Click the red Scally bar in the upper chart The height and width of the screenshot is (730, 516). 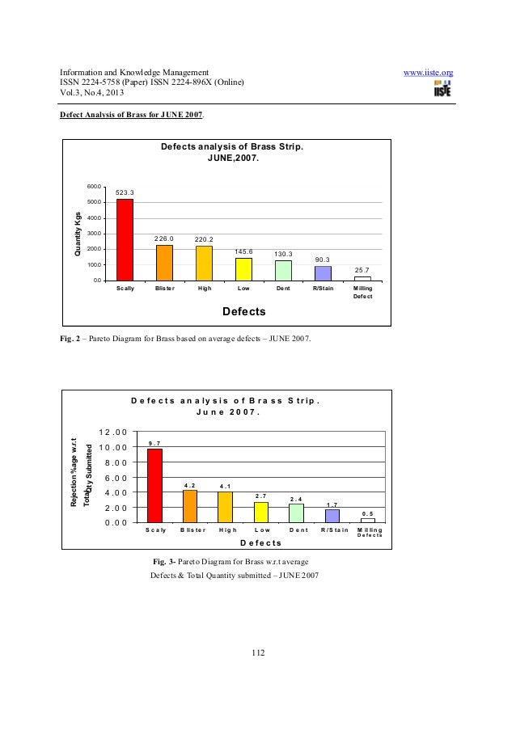(x=125, y=239)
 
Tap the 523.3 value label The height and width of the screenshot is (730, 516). (x=125, y=192)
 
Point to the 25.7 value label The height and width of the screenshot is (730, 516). (x=362, y=270)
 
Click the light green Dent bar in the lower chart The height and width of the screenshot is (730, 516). (x=296, y=513)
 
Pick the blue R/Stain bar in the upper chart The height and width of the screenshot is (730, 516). (x=323, y=273)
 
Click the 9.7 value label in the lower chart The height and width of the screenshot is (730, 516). (x=154, y=442)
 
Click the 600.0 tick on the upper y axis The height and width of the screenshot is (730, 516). (x=95, y=187)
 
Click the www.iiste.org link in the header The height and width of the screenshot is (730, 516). (x=428, y=74)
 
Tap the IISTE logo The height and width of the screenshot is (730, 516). (x=442, y=91)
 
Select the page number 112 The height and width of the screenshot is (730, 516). (x=259, y=654)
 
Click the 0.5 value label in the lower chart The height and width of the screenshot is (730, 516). (x=367, y=513)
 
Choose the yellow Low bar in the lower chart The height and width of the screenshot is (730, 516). (x=260, y=512)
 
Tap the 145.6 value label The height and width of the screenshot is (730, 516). (x=243, y=251)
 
